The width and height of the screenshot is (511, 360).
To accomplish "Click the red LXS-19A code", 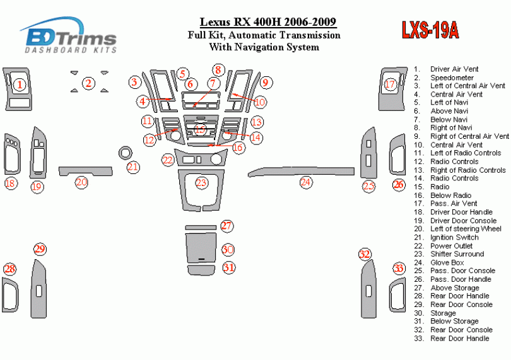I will tap(429, 30).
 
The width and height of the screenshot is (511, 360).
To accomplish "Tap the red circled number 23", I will tap(201, 183).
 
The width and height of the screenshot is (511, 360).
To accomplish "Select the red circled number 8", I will tap(218, 70).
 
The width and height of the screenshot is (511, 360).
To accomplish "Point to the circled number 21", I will tap(132, 167).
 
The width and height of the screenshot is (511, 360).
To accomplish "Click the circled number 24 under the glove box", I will tap(306, 183).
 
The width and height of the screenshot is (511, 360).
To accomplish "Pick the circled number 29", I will tap(40, 250).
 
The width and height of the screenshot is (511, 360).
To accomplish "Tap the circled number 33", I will tap(399, 269).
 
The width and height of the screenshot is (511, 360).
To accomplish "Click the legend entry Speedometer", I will tap(452, 78).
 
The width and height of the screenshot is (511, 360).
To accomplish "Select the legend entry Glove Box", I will tap(447, 262).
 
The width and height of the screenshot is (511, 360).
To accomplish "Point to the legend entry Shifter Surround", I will tap(457, 254).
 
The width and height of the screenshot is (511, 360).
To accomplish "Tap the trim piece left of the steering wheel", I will tap(81, 170).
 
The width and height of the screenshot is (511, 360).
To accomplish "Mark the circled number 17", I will tap(390, 84).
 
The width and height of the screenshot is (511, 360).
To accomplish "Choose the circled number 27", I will tap(226, 226).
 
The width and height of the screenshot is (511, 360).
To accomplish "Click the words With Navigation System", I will tap(264, 47).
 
